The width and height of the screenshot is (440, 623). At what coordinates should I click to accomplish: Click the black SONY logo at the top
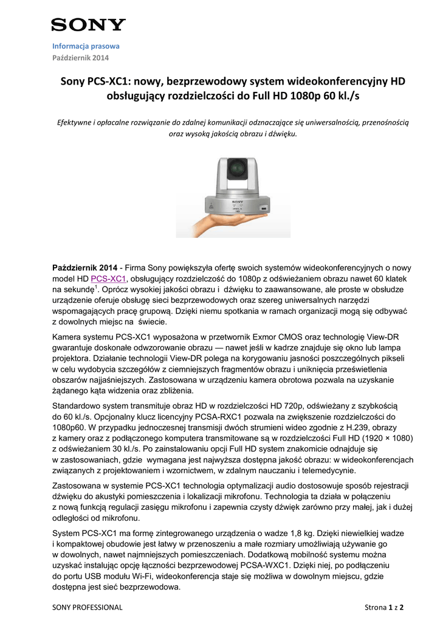coord(88,25)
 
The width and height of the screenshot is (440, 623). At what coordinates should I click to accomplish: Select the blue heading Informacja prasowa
coord(86,46)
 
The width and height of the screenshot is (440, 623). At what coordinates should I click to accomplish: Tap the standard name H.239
coord(352,427)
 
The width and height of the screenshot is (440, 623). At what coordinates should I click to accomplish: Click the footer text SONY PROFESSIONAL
coord(88,607)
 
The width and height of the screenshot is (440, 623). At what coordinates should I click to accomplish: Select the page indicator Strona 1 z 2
coord(384,607)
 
